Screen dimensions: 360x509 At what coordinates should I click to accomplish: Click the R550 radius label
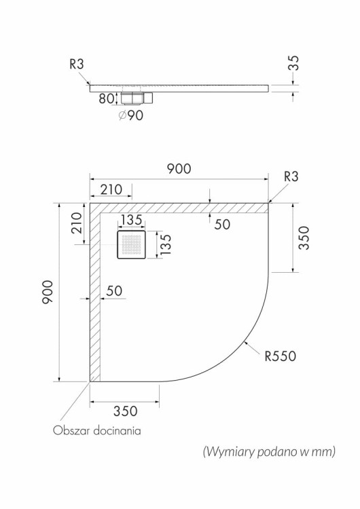[x=281, y=356]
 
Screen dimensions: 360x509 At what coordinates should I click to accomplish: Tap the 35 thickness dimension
[x=293, y=63]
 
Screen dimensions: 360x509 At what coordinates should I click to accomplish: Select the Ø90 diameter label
[x=130, y=115]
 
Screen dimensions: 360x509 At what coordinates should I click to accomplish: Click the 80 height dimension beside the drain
[x=106, y=98]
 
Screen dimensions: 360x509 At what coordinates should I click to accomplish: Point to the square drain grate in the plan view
[x=131, y=244]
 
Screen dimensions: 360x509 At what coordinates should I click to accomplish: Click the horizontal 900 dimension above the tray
[x=179, y=169]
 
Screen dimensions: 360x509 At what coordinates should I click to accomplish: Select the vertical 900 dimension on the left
[x=48, y=292]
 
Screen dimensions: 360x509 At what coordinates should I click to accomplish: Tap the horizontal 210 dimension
[x=111, y=189]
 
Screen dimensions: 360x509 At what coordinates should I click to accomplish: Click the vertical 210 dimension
[x=77, y=223]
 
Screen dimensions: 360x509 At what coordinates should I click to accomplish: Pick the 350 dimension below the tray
[x=125, y=411]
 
